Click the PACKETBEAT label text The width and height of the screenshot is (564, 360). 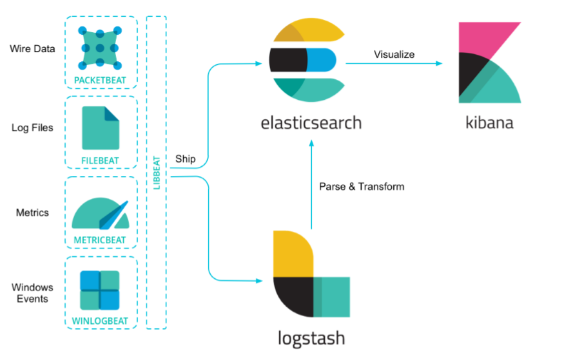tap(100, 80)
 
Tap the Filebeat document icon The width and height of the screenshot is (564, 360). tap(101, 128)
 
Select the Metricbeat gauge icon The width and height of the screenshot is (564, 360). tap(101, 214)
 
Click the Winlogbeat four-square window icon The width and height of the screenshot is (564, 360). tap(100, 290)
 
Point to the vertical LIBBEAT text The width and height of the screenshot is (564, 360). tap(157, 173)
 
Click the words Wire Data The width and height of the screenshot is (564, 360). tap(32, 49)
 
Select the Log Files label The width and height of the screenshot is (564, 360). tap(32, 128)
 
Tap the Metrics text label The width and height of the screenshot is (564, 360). tap(32, 213)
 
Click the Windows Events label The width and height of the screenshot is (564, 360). tap(32, 293)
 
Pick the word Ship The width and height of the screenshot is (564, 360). tap(185, 159)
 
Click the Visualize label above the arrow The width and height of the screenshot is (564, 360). tap(394, 55)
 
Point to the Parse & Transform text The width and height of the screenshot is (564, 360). tap(362, 187)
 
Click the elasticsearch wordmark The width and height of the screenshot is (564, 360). tap(311, 123)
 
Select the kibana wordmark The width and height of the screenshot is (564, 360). tap(489, 122)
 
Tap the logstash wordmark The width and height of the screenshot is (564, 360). tap(311, 338)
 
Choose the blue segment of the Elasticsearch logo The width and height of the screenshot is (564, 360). tap(321, 61)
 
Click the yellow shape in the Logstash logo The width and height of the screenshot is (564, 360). tap(293, 254)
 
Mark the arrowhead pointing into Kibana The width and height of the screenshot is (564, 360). tap(439, 64)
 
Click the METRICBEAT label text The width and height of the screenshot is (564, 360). tap(100, 240)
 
